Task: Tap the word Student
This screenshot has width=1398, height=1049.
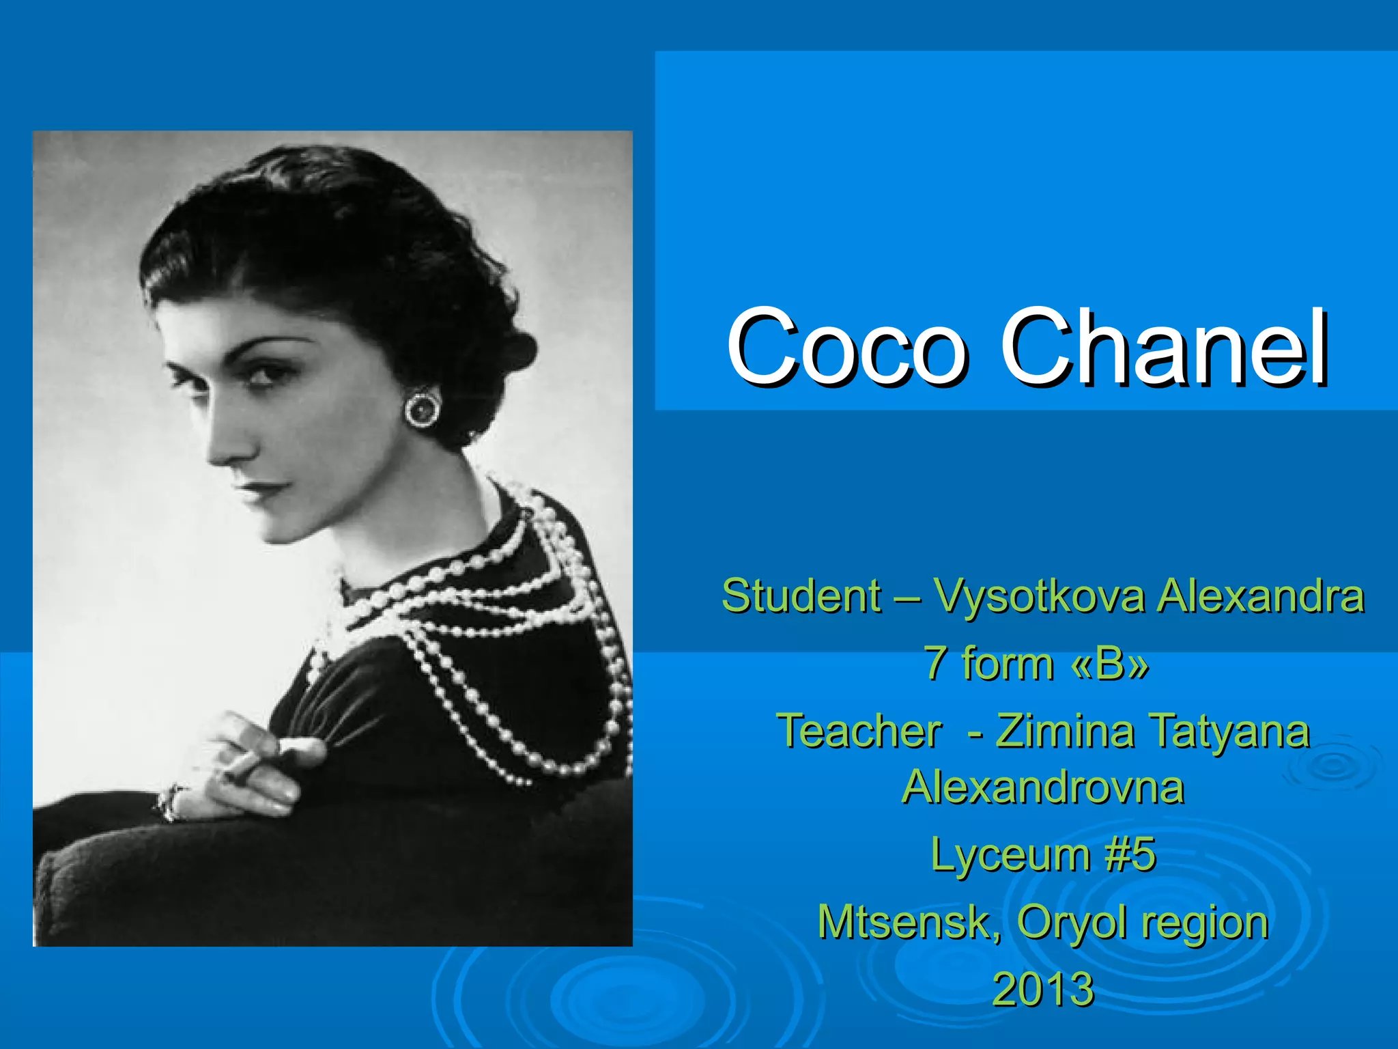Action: [x=801, y=596]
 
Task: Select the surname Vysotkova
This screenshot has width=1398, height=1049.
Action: [x=1039, y=597]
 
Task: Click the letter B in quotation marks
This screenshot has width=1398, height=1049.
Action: [x=1111, y=663]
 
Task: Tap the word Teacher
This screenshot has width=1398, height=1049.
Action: [x=859, y=731]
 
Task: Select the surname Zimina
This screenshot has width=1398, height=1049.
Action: [x=1065, y=731]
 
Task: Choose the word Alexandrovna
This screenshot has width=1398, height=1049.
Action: [x=1042, y=787]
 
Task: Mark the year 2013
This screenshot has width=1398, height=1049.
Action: [x=1042, y=989]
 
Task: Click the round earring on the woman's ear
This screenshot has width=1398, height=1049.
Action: [x=423, y=409]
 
